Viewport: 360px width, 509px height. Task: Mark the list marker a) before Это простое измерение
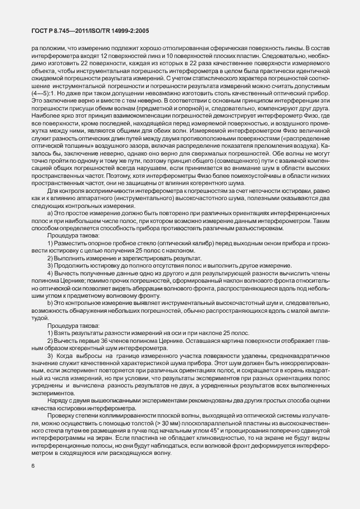tap(50, 198)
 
